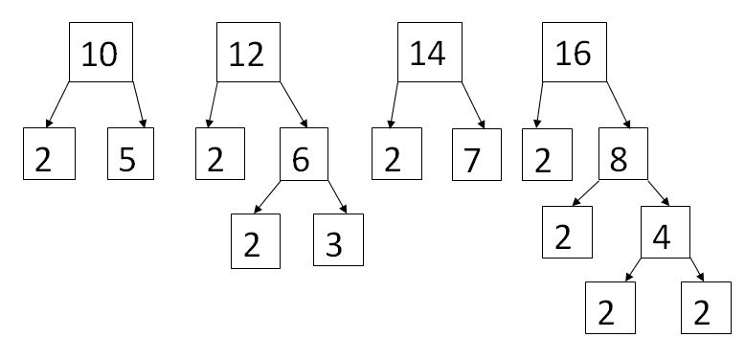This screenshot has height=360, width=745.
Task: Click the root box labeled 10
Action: coord(101,54)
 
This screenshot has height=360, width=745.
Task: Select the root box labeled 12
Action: coord(247,54)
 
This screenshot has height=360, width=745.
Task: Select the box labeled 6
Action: coord(304,155)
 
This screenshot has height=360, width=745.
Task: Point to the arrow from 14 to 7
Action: coord(472,103)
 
